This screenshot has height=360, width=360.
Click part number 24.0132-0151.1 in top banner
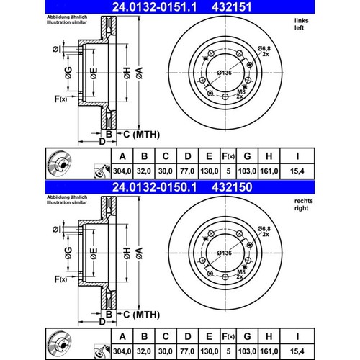[154, 7]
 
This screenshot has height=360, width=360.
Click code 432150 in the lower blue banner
[232, 187]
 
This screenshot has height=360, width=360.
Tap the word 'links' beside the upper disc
[302, 21]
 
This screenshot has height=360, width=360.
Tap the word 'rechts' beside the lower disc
[304, 201]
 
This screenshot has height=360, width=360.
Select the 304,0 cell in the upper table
[122, 171]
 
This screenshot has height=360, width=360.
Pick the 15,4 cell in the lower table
[297, 351]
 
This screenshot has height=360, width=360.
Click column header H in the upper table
[269, 156]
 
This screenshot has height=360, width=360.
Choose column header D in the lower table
[188, 336]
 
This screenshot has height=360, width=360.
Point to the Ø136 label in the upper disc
[225, 73]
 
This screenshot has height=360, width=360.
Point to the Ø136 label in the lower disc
[225, 253]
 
